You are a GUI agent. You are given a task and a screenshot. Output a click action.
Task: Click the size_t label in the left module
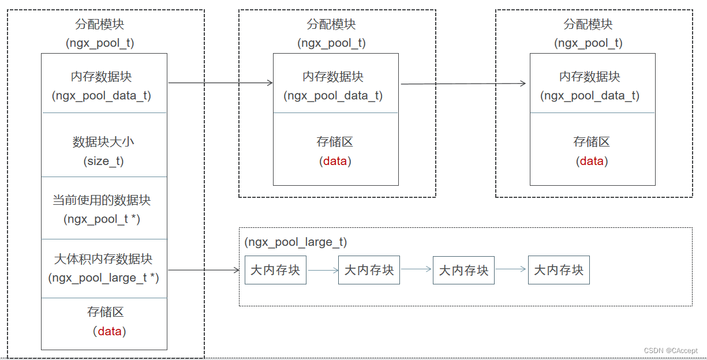pos(104,161)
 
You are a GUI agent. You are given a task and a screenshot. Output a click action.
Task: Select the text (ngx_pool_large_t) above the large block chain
pos(296,242)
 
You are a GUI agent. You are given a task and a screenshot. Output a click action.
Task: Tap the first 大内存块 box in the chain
pos(275,270)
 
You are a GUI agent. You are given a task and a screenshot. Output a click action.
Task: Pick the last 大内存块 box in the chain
pos(559,270)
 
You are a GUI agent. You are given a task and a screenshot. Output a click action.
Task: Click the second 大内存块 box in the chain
pos(369,270)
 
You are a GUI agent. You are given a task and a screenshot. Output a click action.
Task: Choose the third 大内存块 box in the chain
pos(464,270)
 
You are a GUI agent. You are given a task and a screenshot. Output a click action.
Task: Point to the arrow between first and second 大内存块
pos(322,270)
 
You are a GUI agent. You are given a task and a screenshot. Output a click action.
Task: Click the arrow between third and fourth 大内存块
pos(511,269)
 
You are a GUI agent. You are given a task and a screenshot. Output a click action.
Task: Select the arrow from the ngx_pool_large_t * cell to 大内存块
pos(203,270)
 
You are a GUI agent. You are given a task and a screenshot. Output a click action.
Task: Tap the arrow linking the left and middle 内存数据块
pos(220,83)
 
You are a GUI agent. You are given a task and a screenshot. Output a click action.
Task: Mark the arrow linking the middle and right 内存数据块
pos(463,84)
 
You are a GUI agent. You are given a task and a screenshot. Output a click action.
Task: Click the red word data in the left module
pos(110,331)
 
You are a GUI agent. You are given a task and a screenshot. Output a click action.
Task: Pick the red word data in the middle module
pos(335,161)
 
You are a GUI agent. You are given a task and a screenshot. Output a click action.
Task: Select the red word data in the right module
pos(592,161)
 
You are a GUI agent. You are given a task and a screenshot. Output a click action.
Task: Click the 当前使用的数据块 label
pos(102,200)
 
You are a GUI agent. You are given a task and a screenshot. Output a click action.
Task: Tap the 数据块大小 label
pos(103,142)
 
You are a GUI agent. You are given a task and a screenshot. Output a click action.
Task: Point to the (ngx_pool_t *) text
pos(102,219)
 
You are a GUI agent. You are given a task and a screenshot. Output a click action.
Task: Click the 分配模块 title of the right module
pos(588,24)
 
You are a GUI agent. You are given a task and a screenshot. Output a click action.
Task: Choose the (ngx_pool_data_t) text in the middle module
pos(334,96)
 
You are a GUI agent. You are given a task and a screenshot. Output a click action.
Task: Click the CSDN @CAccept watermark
pos(671,350)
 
